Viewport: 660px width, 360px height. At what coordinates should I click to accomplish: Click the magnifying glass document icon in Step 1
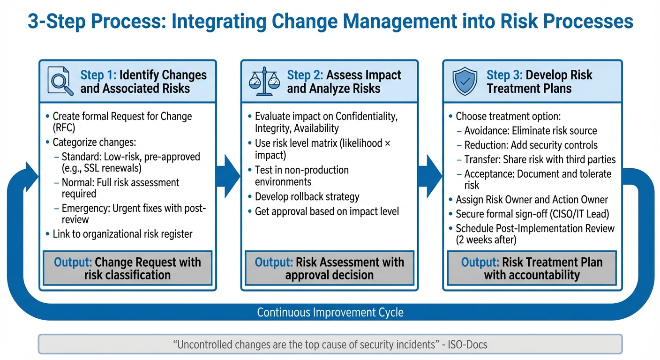tap(60, 82)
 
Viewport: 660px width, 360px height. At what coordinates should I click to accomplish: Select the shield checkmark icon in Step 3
tap(465, 82)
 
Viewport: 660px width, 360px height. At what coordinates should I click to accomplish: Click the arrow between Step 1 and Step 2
tap(231, 176)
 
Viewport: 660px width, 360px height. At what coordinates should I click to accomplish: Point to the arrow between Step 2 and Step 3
tap(432, 176)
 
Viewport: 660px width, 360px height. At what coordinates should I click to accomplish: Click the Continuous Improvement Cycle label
tap(330, 312)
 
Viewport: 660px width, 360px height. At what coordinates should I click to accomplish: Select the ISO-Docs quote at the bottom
tap(330, 345)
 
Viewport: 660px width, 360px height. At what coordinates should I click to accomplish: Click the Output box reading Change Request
tap(127, 269)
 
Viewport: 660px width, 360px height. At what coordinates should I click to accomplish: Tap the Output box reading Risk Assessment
tap(329, 269)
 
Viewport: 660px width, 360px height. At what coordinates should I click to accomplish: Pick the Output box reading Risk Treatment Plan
tap(532, 269)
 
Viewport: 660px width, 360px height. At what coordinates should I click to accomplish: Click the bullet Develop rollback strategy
tap(307, 196)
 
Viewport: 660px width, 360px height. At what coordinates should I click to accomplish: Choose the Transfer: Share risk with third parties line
tap(540, 159)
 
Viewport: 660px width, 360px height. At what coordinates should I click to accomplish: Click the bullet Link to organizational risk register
tap(122, 233)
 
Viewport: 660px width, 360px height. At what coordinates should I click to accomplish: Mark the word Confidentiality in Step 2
tap(367, 116)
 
